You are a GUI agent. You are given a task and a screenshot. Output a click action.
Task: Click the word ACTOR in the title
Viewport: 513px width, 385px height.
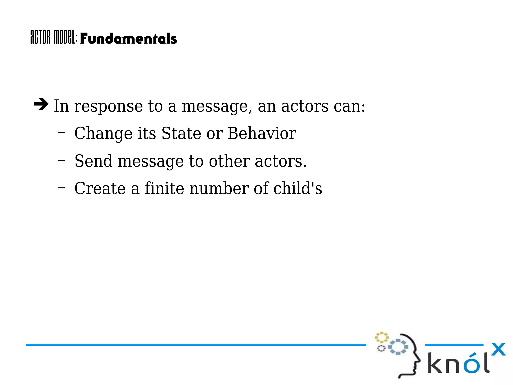[x=40, y=37]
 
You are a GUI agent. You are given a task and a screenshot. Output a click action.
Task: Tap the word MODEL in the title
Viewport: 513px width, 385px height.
[x=64, y=37]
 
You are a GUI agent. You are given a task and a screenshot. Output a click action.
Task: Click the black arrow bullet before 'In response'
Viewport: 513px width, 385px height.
[x=41, y=104]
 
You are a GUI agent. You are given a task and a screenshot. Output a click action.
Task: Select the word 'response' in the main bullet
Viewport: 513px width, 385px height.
[x=108, y=106]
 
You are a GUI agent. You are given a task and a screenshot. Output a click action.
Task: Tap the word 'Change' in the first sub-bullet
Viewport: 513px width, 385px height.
[x=103, y=134]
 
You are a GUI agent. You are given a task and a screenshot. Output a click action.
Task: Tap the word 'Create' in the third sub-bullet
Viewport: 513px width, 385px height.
[x=100, y=188]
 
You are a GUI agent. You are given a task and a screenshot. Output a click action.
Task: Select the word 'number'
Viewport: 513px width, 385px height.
[x=219, y=188]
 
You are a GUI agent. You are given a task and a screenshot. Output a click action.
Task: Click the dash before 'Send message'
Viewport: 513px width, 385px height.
[x=61, y=160]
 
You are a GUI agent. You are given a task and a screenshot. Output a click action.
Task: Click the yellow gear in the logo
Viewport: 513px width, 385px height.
[x=381, y=337]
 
